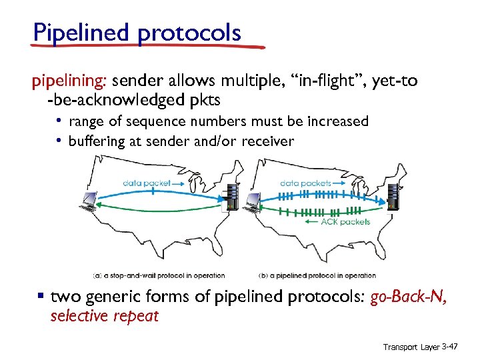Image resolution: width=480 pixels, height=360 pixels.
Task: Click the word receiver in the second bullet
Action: click(267, 141)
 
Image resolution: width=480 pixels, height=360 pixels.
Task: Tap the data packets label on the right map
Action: click(306, 182)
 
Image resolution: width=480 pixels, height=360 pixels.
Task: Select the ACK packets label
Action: click(345, 222)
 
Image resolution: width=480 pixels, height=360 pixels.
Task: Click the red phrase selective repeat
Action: click(105, 316)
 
